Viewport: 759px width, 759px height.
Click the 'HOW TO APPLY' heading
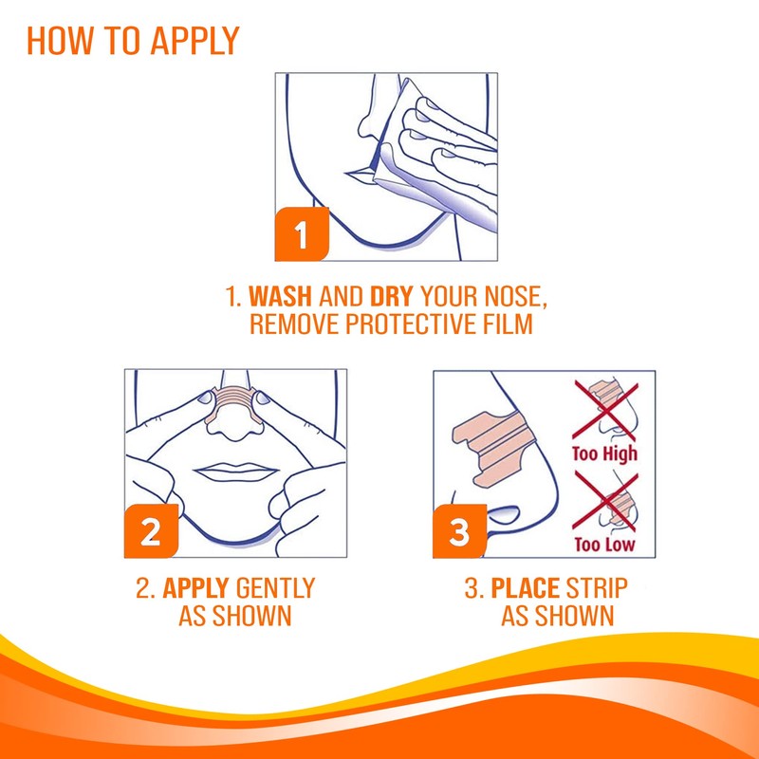[x=133, y=41]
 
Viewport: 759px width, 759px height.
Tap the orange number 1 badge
[x=302, y=234]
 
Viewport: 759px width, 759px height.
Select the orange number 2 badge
[x=151, y=531]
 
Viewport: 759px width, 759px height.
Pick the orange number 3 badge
[x=459, y=531]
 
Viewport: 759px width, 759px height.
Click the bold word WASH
[x=280, y=296]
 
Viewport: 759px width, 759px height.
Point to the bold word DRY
[x=391, y=296]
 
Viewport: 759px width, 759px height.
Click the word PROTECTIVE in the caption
[x=411, y=324]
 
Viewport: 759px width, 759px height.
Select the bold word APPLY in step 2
[x=195, y=588]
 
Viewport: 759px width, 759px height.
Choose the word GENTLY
[x=275, y=588]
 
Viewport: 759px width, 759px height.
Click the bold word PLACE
[x=526, y=588]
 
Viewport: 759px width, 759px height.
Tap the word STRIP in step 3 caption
[x=597, y=588]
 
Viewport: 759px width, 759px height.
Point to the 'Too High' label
[x=604, y=454]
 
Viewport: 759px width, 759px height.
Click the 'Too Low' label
[x=604, y=545]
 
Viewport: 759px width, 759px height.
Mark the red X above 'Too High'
[x=605, y=411]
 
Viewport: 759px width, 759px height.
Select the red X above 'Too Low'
[x=605, y=502]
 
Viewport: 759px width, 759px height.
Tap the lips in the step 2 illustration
[x=235, y=471]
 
